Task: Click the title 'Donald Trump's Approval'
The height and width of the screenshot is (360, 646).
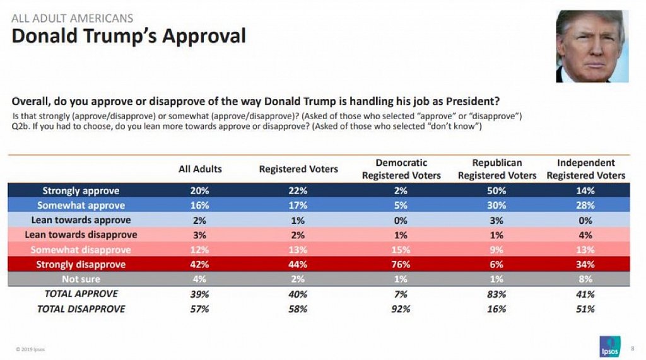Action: click(x=129, y=37)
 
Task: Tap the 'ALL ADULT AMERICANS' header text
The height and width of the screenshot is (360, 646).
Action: click(x=73, y=18)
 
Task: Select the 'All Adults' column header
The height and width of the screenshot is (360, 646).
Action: click(x=200, y=169)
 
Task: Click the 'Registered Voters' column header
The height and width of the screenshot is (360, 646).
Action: click(x=298, y=169)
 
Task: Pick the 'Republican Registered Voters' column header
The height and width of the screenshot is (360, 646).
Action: click(x=496, y=169)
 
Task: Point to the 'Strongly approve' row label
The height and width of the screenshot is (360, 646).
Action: click(x=81, y=190)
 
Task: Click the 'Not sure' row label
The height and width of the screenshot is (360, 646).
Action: click(x=81, y=279)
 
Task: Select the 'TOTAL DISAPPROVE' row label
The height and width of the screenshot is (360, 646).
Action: click(x=81, y=309)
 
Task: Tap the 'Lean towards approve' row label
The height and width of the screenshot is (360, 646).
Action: click(x=81, y=220)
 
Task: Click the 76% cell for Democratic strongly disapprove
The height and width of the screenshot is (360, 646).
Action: click(x=401, y=265)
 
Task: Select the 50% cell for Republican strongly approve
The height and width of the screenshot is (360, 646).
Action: click(x=496, y=190)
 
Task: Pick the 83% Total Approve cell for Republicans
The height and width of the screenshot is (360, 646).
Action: click(x=496, y=294)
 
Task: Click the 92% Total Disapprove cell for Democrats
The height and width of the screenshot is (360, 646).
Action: click(x=401, y=309)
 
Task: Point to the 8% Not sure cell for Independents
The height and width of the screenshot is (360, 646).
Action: click(x=585, y=279)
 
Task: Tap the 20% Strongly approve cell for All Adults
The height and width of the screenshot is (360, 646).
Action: click(x=200, y=190)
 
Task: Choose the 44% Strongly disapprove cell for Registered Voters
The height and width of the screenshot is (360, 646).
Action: click(x=298, y=265)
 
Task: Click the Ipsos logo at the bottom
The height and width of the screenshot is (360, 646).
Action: click(x=610, y=347)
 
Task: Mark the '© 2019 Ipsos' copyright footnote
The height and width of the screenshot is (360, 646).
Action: click(x=31, y=349)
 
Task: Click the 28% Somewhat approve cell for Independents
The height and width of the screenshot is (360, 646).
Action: click(x=585, y=206)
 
